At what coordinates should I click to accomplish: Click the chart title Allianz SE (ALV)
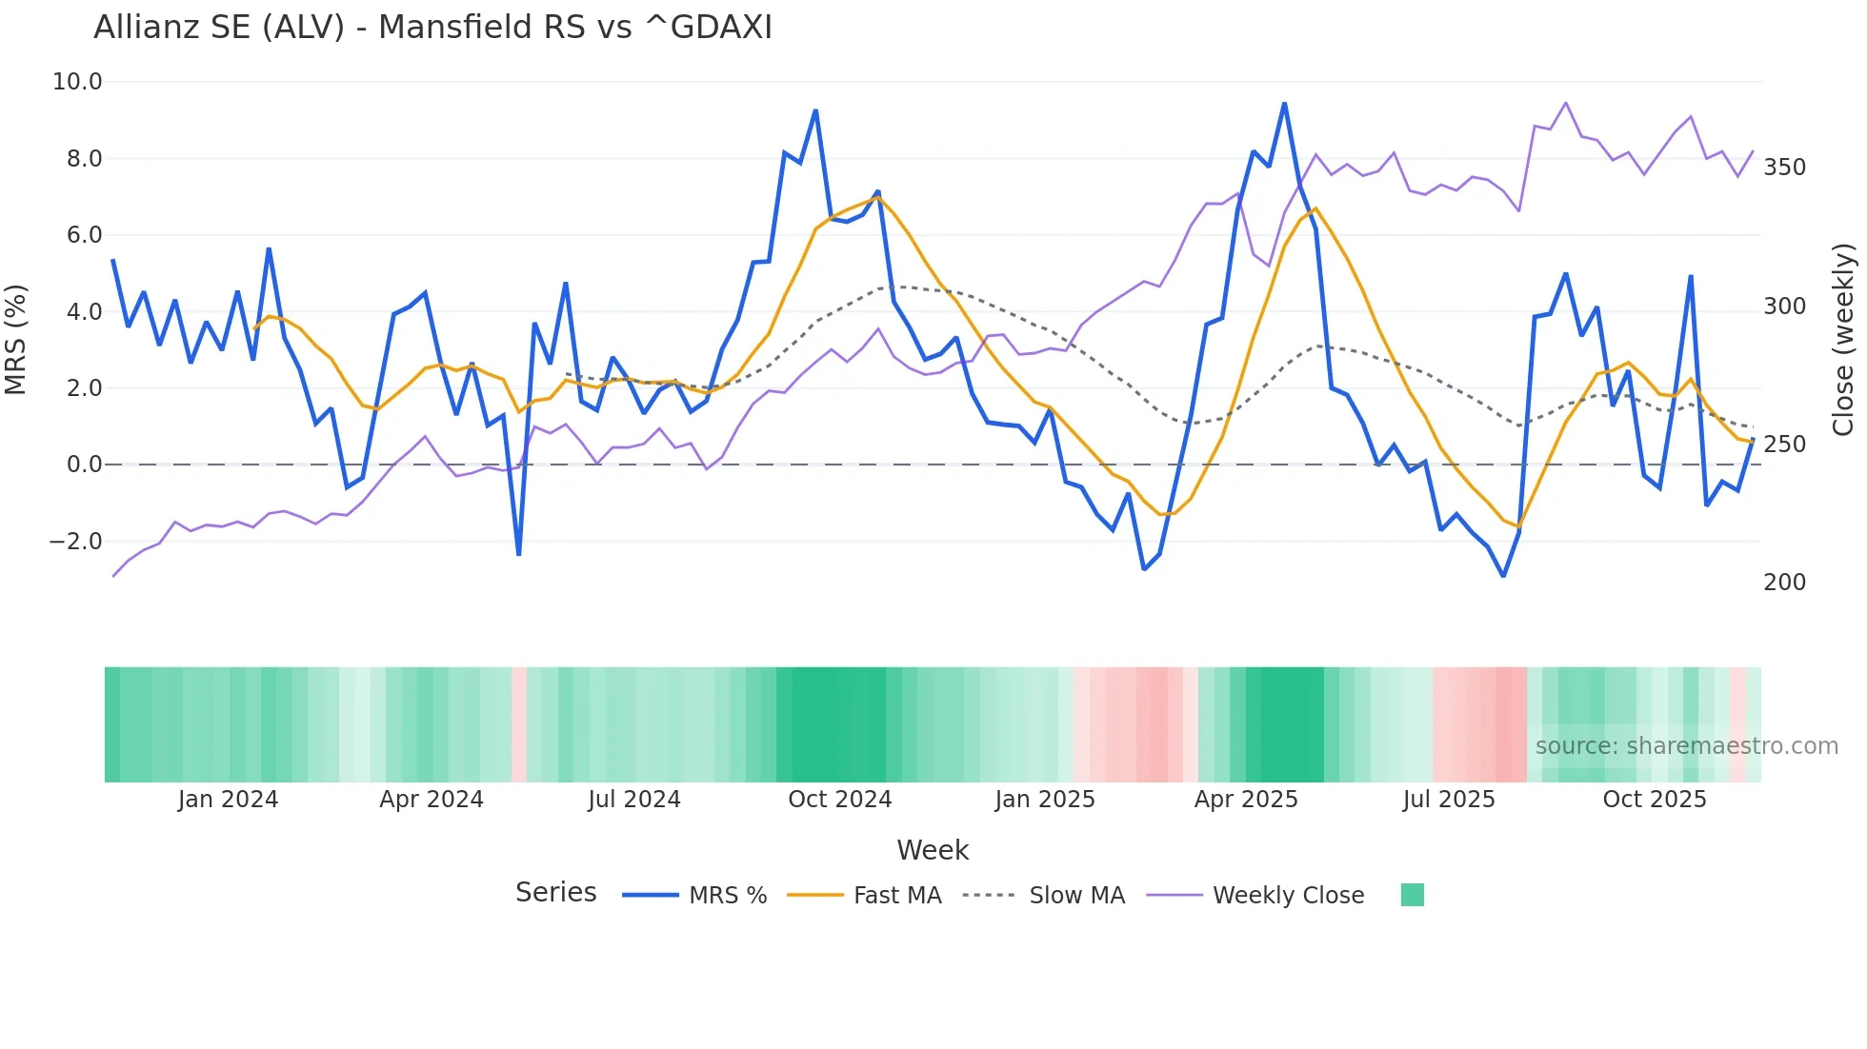coord(432,28)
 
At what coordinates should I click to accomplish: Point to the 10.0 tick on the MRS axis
coord(77,82)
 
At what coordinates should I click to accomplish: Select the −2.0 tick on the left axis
coord(75,542)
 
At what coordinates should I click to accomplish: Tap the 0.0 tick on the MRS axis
coord(84,465)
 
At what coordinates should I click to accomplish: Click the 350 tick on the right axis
coord(1784,168)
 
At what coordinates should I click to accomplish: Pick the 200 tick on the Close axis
coord(1784,583)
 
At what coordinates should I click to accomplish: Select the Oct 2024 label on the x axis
coord(839,800)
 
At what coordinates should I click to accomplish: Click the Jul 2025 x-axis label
coord(1448,800)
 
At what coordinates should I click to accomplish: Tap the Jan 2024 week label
coord(228,800)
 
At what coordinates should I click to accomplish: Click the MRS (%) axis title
coord(16,339)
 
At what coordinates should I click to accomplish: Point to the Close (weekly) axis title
coord(1844,339)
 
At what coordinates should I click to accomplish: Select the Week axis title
coord(933,850)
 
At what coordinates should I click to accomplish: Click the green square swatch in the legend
coord(1412,895)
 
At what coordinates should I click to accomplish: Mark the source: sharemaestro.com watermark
coord(1686,746)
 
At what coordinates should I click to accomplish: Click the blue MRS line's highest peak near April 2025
coord(1284,103)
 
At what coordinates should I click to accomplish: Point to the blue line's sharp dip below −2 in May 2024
coord(518,554)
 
